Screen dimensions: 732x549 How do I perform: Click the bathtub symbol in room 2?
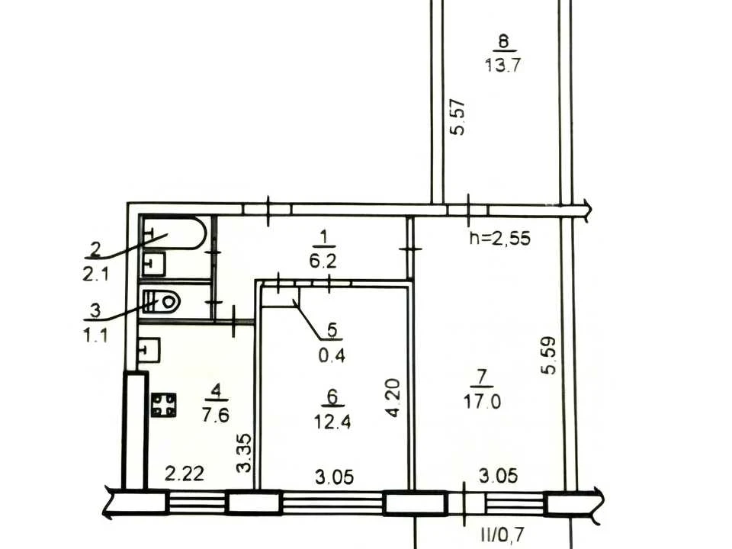[173, 233]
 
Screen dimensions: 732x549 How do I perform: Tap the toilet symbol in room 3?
[160, 302]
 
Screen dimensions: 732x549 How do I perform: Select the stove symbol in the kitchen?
[164, 405]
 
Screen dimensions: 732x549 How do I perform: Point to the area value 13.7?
[502, 65]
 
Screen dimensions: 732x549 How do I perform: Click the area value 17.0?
[482, 401]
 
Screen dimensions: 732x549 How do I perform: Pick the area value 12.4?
[332, 422]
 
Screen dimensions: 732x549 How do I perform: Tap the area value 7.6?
[216, 415]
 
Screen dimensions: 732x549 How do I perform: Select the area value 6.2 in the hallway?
[323, 261]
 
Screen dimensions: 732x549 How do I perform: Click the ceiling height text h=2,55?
[500, 238]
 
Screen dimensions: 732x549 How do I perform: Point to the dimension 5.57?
[457, 117]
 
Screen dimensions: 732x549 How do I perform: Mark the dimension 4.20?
[393, 398]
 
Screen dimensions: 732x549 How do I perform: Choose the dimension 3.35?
[244, 453]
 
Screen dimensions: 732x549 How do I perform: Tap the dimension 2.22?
[185, 474]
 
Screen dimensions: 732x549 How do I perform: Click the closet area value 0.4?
[332, 356]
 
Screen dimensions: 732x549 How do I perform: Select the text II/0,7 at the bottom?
[502, 533]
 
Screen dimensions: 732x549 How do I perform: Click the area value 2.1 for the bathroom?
[96, 274]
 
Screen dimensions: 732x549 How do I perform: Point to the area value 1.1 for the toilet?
[96, 335]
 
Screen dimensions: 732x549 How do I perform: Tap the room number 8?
[503, 41]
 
